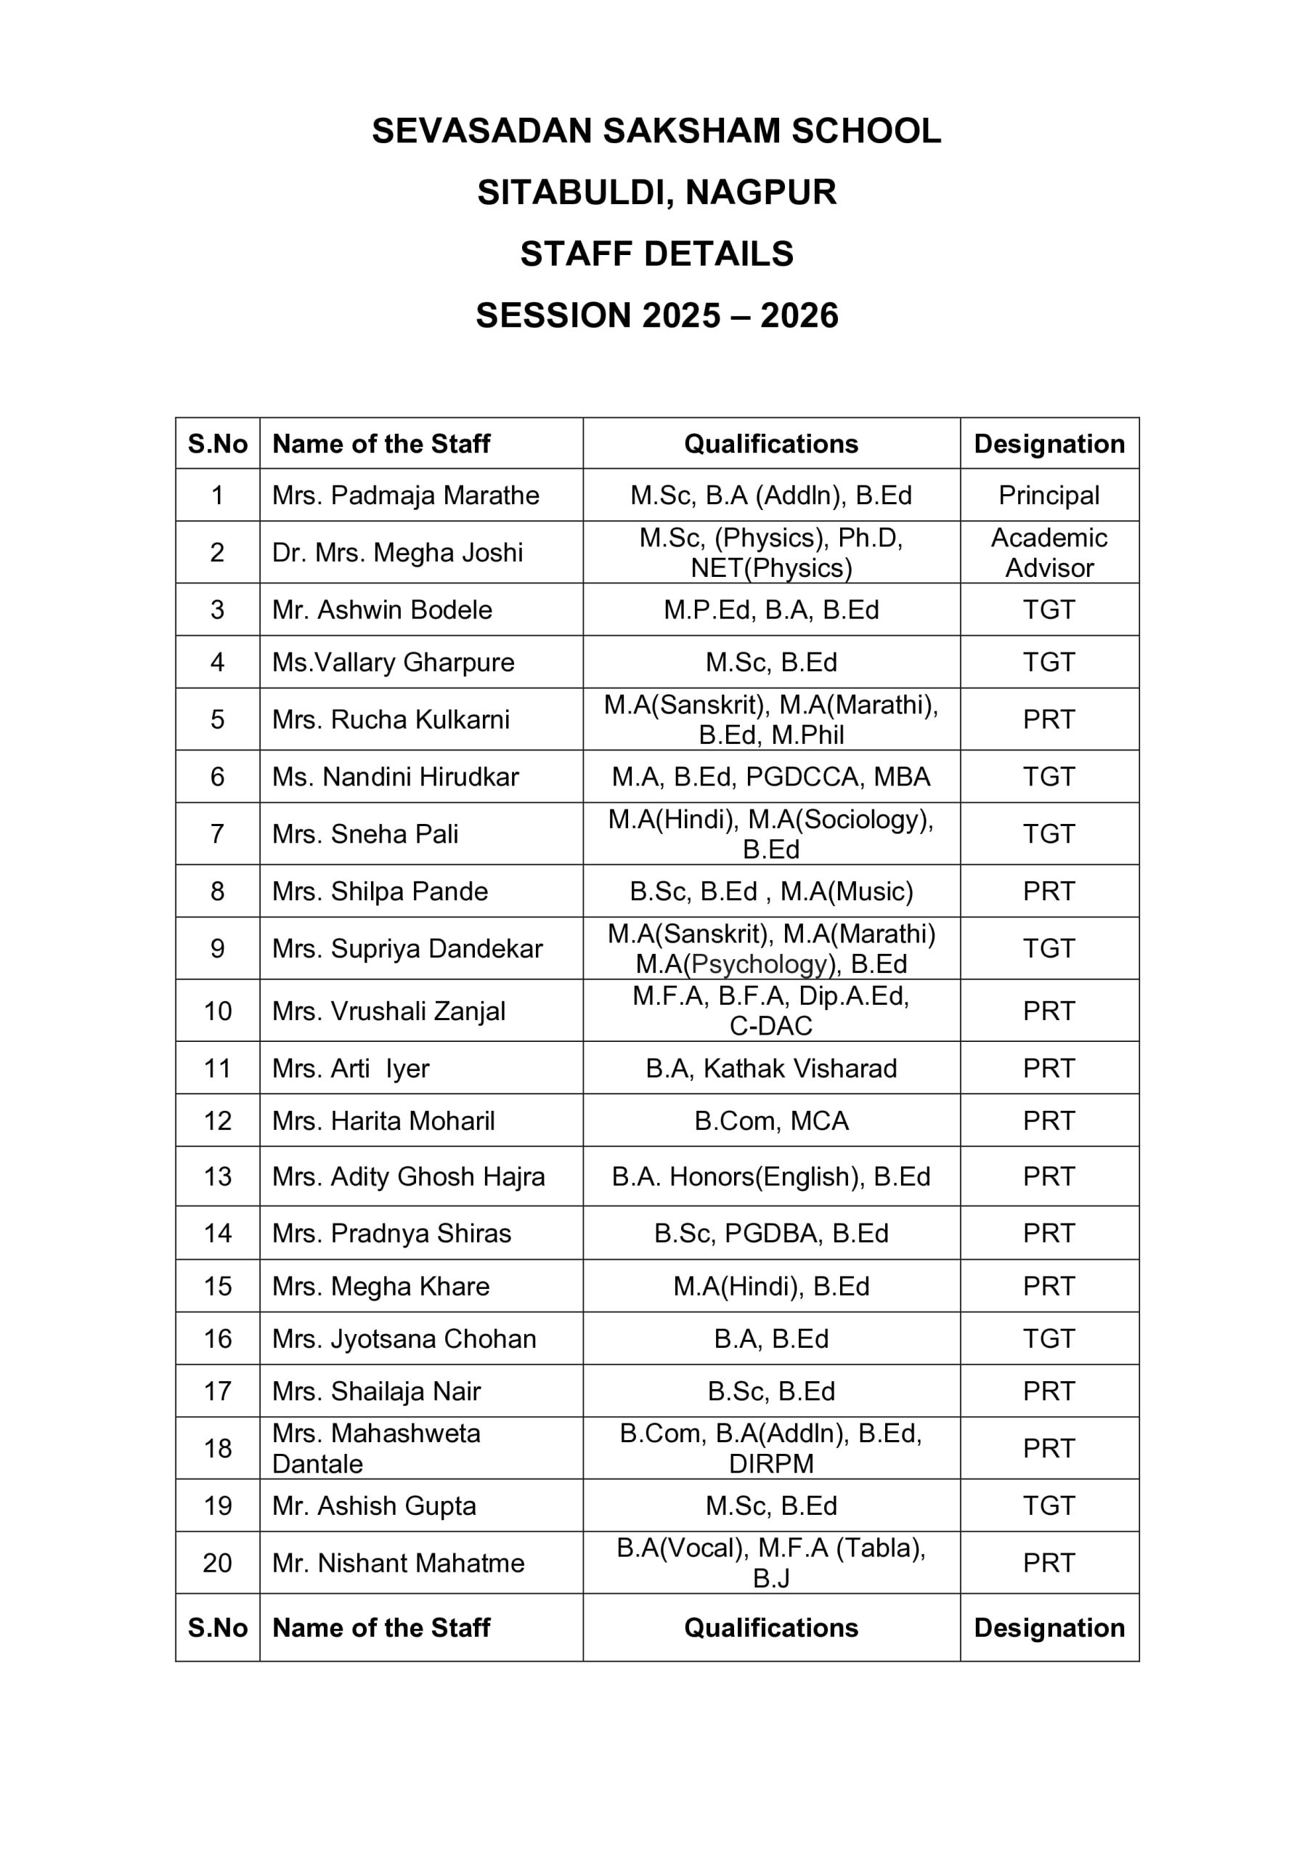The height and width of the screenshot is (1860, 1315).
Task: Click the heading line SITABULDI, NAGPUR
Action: coord(656,193)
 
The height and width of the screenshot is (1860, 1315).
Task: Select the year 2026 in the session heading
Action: coord(799,316)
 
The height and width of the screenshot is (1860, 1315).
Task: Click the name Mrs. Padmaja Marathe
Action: coord(406,495)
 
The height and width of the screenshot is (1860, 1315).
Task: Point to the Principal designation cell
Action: coord(1049,495)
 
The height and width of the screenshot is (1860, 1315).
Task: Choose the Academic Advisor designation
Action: coord(1049,552)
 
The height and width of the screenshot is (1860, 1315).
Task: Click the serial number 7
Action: coord(217,833)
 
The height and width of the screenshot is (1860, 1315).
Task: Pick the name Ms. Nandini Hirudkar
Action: coord(395,777)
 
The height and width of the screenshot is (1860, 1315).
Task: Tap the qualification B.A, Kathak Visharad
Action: coord(771,1069)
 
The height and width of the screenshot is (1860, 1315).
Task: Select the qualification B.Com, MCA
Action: coord(771,1121)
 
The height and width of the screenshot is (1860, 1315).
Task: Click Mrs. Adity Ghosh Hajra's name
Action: coord(408,1176)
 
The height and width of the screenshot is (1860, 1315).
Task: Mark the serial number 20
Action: coord(217,1563)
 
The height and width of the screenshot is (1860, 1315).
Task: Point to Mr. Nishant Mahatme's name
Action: coord(399,1563)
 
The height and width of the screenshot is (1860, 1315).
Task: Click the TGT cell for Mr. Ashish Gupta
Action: coord(1049,1506)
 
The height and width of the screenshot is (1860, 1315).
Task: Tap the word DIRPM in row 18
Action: coord(771,1464)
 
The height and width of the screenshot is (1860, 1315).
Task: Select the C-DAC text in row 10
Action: coord(771,1027)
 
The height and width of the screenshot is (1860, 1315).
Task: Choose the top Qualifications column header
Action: coord(771,444)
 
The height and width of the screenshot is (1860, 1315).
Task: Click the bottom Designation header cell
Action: coord(1049,1628)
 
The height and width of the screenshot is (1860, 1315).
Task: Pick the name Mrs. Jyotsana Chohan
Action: coord(404,1339)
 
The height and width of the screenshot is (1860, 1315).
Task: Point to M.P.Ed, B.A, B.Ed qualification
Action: coord(771,610)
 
